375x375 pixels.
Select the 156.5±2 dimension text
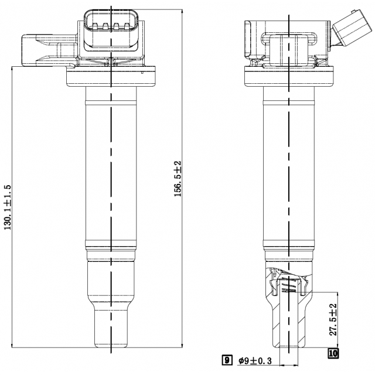tap(178, 179)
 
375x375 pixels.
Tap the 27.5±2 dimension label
tap(333, 319)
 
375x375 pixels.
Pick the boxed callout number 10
tap(333, 353)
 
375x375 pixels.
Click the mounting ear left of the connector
tap(41, 50)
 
